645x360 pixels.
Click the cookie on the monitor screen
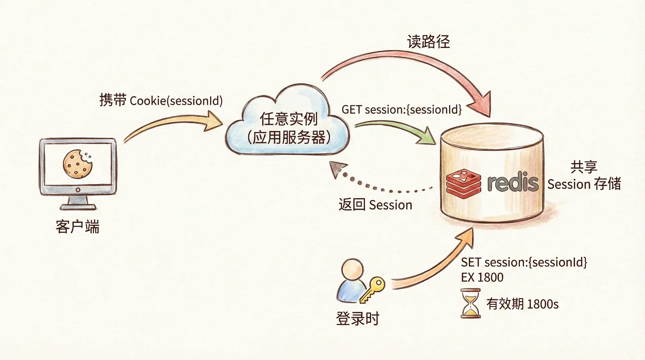tap(78, 164)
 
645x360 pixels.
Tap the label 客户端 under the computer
tap(78, 227)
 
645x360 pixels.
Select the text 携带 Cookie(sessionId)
tap(161, 100)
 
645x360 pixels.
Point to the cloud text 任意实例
tap(289, 119)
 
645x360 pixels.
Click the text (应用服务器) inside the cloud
tap(289, 137)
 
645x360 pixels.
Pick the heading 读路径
tap(428, 42)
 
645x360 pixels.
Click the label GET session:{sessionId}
tap(401, 109)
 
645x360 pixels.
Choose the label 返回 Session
tap(375, 205)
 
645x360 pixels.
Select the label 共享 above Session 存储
tap(584, 167)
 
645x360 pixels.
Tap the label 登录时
tap(357, 318)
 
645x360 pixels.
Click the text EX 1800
tap(482, 277)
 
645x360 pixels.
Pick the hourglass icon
tap(470, 303)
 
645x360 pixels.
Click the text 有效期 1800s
tap(522, 304)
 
